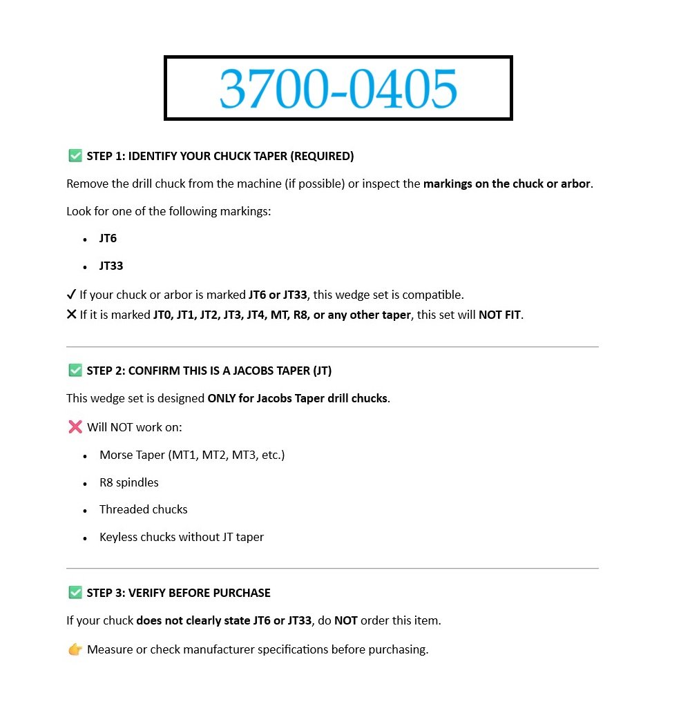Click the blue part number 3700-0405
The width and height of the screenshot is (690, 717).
[338, 89]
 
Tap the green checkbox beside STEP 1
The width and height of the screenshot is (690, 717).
[75, 156]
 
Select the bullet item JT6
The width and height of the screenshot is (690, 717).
[108, 239]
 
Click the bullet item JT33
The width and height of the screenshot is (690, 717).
[111, 266]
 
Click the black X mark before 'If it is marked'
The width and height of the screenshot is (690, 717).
[71, 315]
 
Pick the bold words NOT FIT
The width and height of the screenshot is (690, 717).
[499, 315]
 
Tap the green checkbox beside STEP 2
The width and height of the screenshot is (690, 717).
[75, 371]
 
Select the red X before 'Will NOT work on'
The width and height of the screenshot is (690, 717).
[75, 427]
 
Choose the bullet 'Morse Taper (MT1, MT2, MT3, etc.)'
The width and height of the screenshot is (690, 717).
[192, 455]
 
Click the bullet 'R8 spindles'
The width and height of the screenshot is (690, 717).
[129, 482]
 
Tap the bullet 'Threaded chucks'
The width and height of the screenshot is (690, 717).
[144, 509]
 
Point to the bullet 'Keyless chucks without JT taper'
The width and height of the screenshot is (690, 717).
[182, 537]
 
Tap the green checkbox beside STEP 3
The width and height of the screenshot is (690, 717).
[75, 593]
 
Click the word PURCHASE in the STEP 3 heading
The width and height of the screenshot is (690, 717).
[242, 593]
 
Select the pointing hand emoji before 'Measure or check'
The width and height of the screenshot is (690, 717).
[75, 649]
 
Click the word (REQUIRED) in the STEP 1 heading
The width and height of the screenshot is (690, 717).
[322, 157]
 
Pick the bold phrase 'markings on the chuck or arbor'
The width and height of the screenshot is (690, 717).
[507, 184]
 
